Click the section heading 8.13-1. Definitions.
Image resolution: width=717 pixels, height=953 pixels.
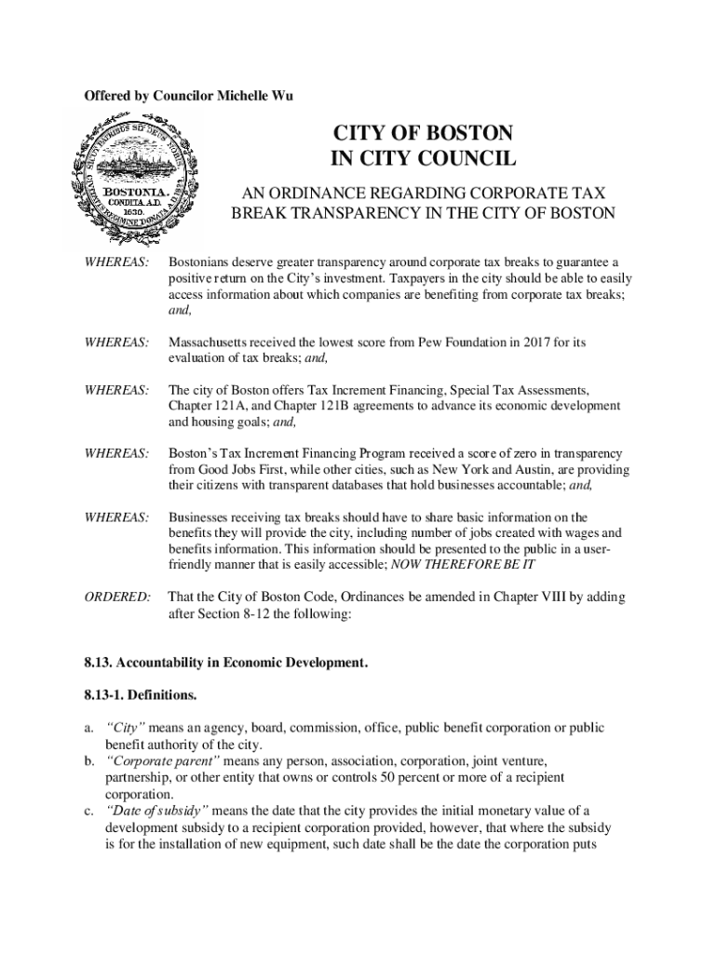[140, 695]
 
